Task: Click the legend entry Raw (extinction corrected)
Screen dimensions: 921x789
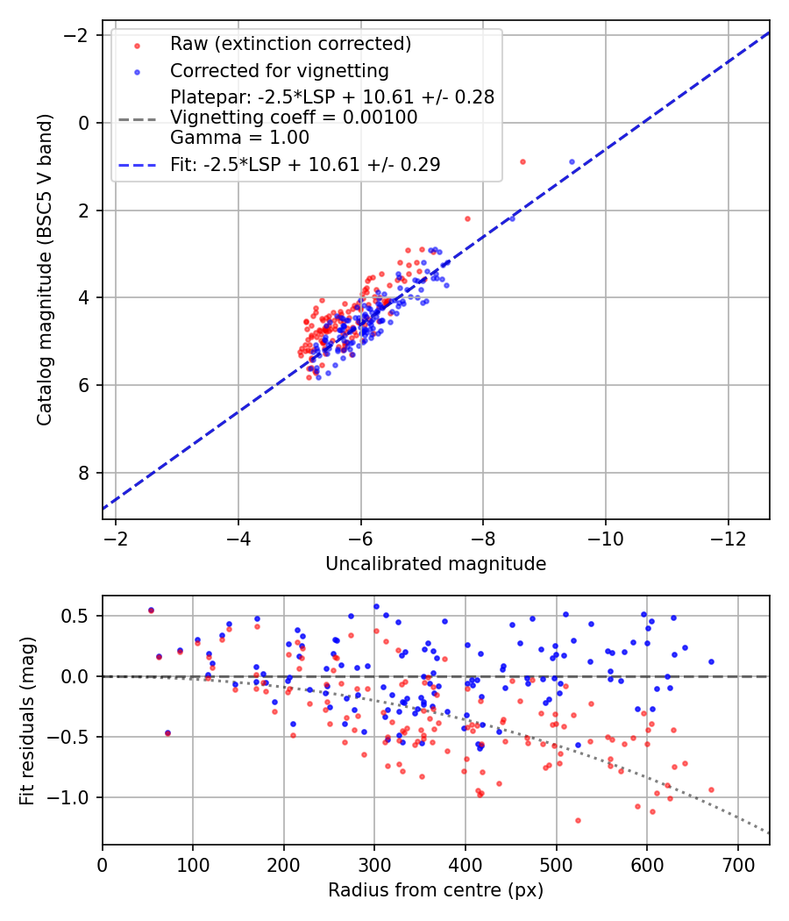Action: [x=290, y=44]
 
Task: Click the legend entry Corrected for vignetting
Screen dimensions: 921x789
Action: [x=279, y=70]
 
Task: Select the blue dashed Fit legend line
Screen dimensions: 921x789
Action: [x=137, y=164]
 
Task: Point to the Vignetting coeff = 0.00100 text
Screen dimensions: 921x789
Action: [x=294, y=117]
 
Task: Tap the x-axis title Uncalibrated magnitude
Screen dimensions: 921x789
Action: [x=436, y=564]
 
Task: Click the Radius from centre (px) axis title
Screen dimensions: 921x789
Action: [x=436, y=890]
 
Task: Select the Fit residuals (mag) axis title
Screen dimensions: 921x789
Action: [x=27, y=719]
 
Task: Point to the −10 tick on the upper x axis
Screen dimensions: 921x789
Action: [x=605, y=537]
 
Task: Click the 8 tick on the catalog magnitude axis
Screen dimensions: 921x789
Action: [x=85, y=473]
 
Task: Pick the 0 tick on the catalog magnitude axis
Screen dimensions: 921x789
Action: [x=85, y=123]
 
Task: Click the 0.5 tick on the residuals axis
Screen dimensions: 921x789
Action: [x=80, y=616]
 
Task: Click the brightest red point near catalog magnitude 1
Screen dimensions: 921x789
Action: [x=522, y=161]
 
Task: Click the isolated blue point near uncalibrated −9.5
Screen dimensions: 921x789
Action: [x=572, y=161]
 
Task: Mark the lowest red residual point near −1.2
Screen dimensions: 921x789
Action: [x=578, y=820]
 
